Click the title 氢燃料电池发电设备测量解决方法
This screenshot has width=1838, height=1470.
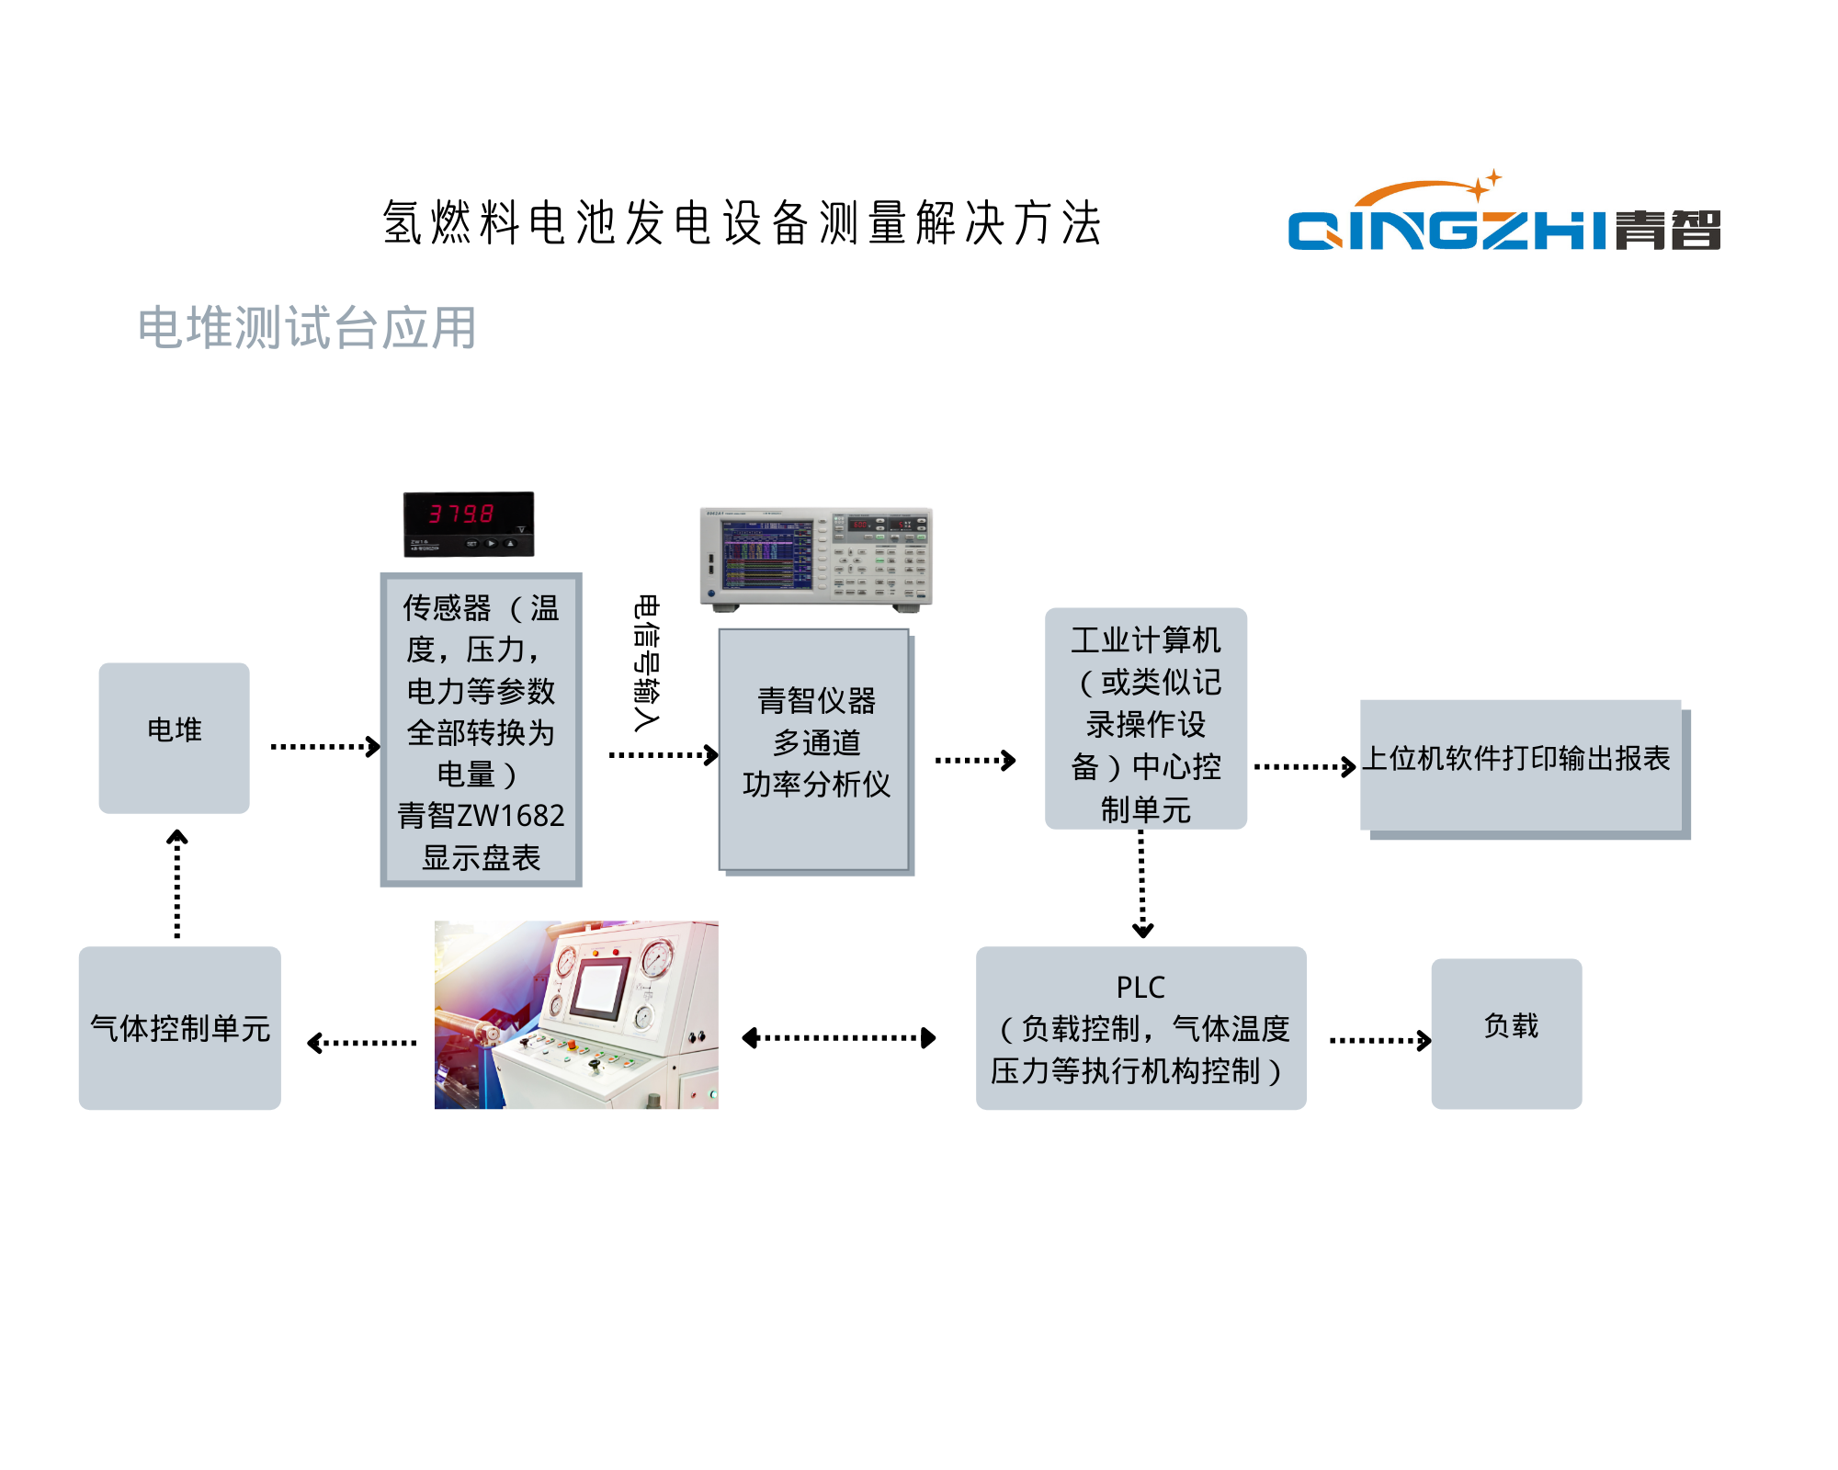tap(743, 223)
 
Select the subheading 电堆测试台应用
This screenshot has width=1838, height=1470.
tap(307, 328)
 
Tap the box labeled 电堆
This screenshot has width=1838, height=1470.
tap(174, 738)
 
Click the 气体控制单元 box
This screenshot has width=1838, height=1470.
tap(180, 1028)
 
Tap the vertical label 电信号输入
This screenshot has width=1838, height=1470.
tap(646, 662)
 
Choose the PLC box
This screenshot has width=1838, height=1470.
tap(1140, 1028)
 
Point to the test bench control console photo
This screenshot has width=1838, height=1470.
tap(576, 1014)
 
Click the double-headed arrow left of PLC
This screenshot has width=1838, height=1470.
tap(838, 1038)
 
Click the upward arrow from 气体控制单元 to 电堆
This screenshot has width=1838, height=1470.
tap(177, 883)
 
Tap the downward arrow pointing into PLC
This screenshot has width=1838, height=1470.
tap(1142, 883)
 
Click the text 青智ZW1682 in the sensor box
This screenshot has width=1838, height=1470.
tap(481, 815)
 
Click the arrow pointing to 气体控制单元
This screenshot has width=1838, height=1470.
tap(362, 1043)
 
